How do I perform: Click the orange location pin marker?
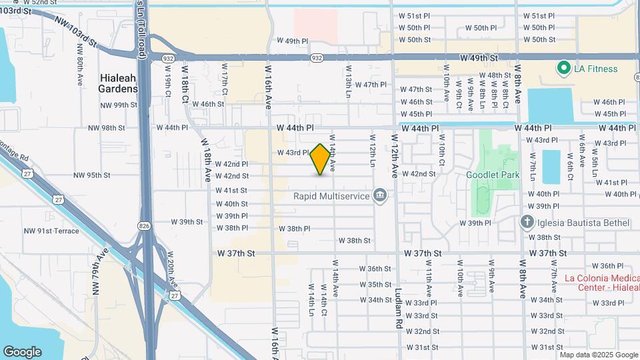click(x=321, y=159)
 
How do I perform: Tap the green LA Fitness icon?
click(x=563, y=69)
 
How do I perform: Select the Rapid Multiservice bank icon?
click(x=381, y=195)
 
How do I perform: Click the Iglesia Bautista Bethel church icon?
click(x=527, y=222)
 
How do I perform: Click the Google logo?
click(x=22, y=352)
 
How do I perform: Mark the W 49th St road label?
click(x=479, y=59)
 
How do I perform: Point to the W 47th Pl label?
click(x=371, y=85)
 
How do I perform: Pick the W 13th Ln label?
click(x=347, y=79)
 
